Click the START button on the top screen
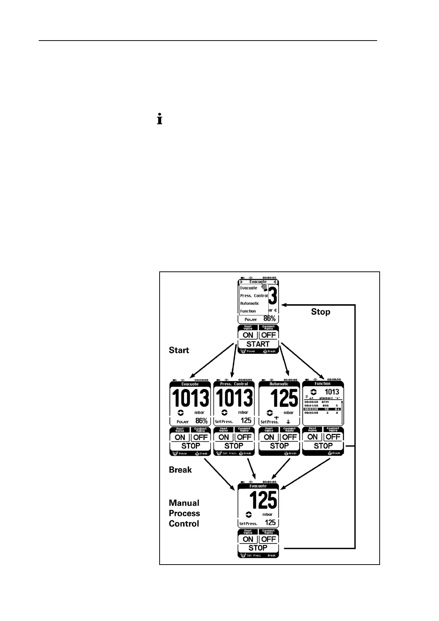click(258, 344)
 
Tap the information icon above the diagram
click(160, 120)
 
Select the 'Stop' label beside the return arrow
click(320, 312)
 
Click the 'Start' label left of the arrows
click(179, 350)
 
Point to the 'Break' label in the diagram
click(180, 470)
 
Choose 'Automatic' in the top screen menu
click(250, 303)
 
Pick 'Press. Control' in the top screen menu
click(254, 296)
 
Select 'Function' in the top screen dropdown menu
click(248, 311)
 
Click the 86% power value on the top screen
click(269, 319)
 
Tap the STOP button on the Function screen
click(323, 446)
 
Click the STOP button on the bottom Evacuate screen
click(258, 548)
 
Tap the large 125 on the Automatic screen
click(284, 399)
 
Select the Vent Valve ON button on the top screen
click(248, 335)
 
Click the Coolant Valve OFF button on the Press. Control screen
click(244, 437)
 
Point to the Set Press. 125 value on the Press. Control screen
click(246, 421)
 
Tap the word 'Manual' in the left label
click(184, 503)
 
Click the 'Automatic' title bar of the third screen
click(279, 384)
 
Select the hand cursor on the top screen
click(264, 287)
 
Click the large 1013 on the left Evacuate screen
click(190, 399)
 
